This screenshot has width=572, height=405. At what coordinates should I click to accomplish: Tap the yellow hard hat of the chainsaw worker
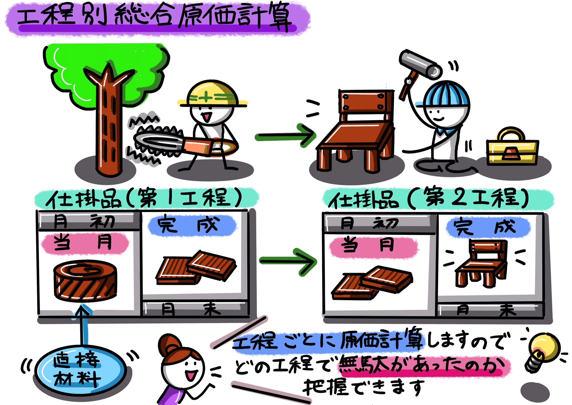point(212,95)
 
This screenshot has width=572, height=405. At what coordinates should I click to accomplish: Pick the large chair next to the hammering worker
point(359,131)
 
